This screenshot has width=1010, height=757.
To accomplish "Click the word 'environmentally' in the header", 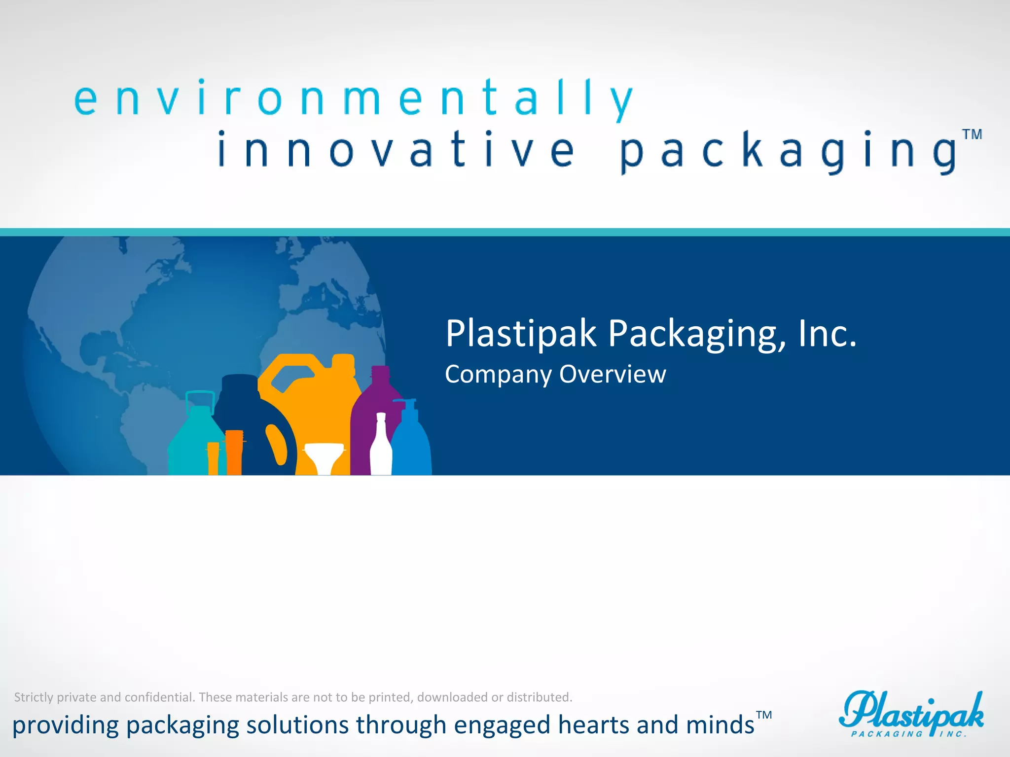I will pyautogui.click(x=353, y=99).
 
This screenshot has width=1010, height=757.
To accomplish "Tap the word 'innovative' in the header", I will pyautogui.click(x=396, y=150).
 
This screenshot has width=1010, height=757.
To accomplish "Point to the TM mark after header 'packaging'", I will pyautogui.click(x=972, y=135).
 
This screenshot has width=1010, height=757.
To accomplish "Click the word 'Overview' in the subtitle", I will pyautogui.click(x=613, y=374).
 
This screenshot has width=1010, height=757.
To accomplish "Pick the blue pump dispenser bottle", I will pyautogui.click(x=412, y=444).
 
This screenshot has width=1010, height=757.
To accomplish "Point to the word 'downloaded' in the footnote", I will pyautogui.click(x=452, y=697).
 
